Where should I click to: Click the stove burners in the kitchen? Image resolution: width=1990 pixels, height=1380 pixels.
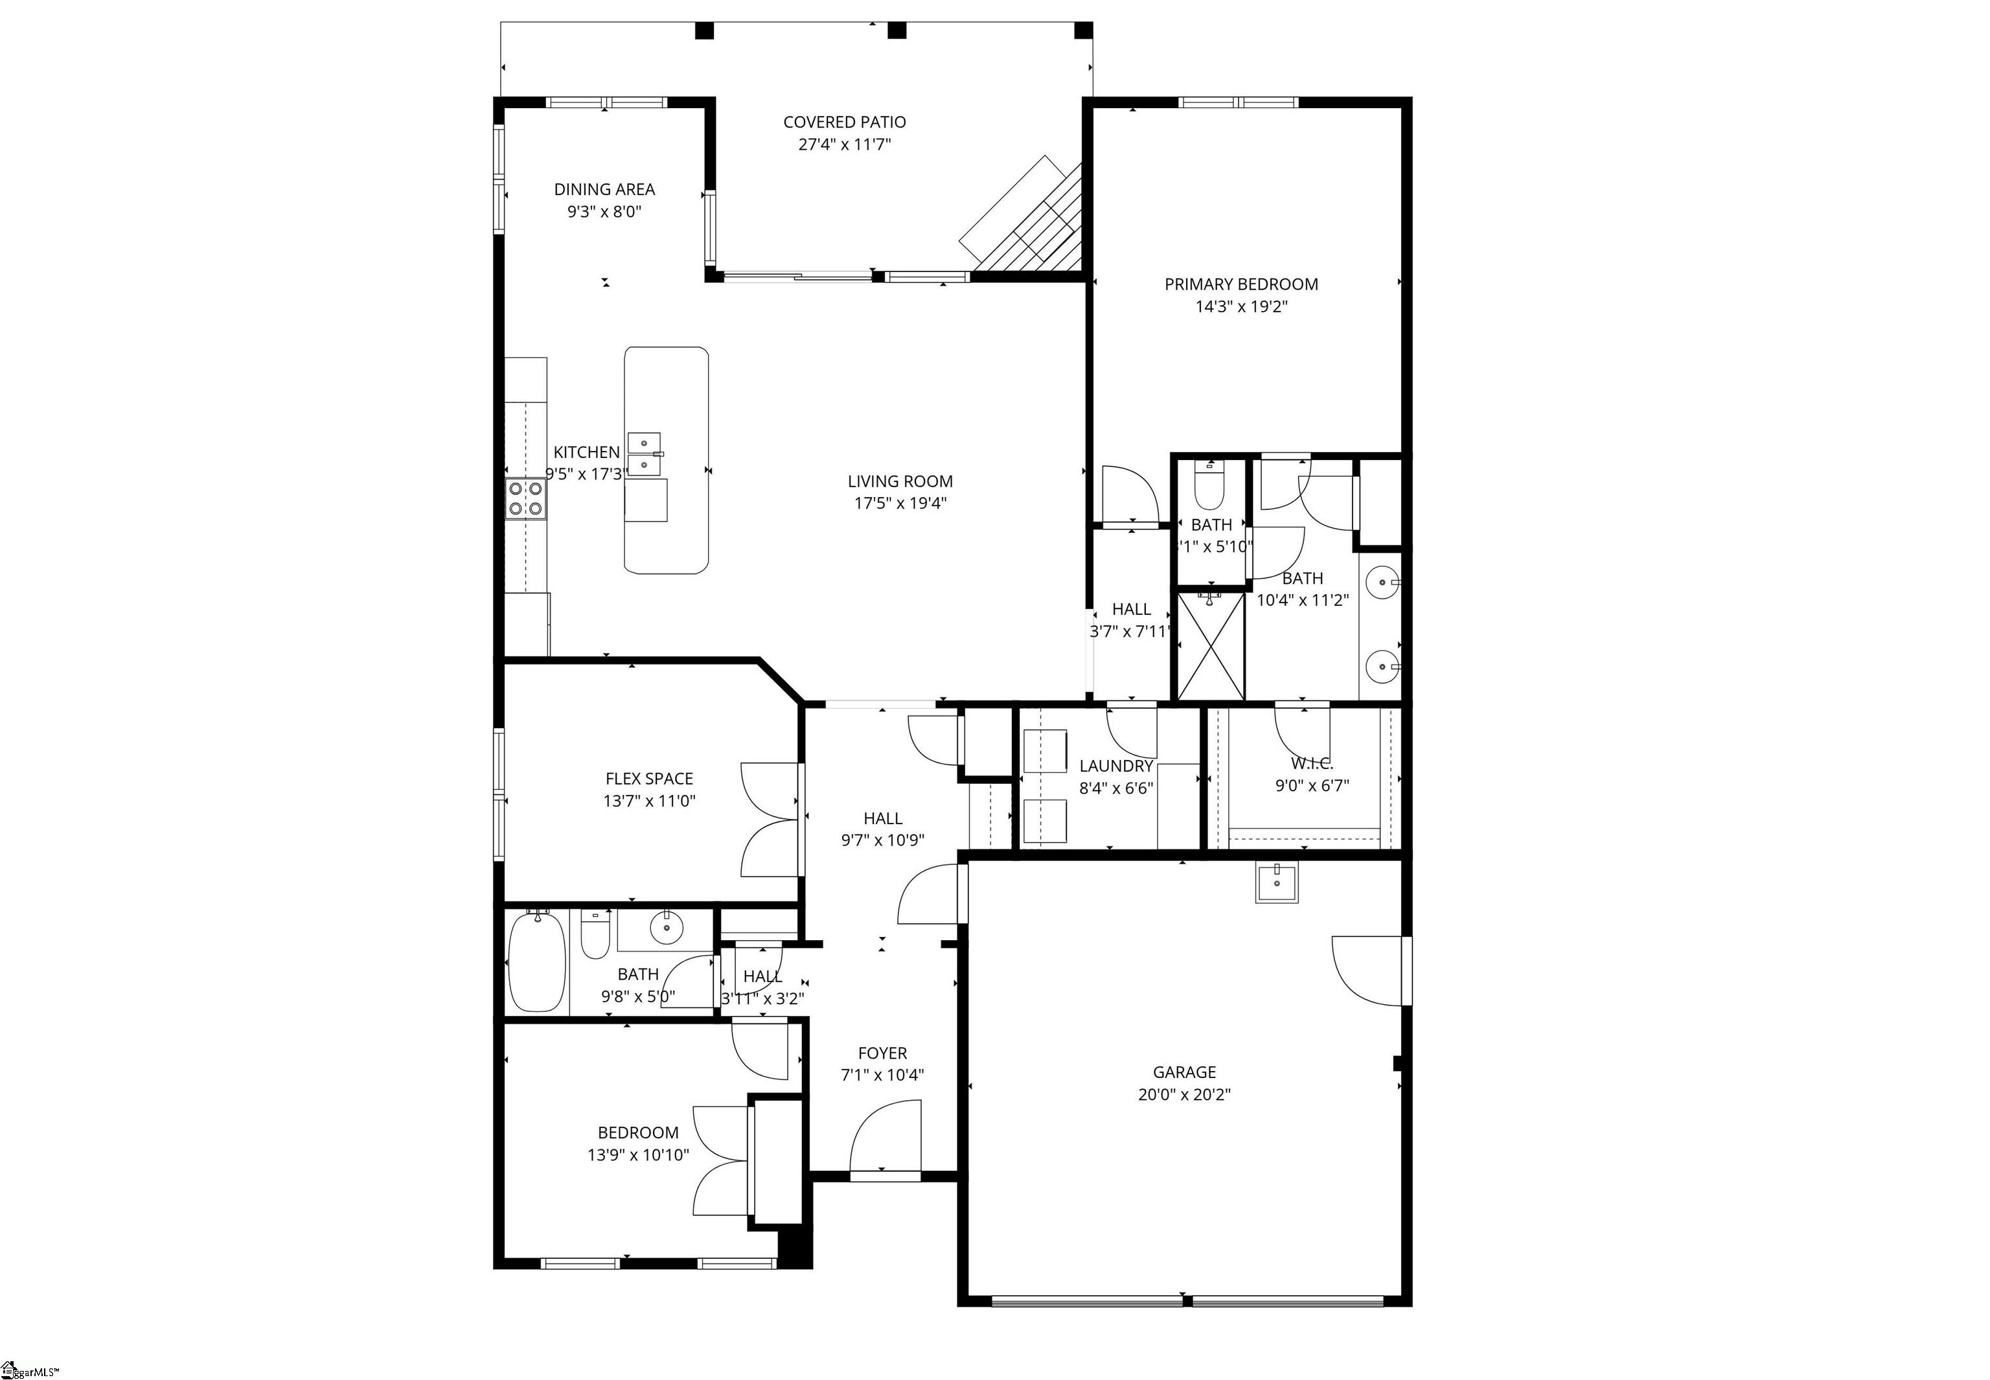point(525,499)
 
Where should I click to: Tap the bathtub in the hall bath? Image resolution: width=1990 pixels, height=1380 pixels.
point(537,962)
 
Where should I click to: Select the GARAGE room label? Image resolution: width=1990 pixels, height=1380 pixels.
point(1184,1072)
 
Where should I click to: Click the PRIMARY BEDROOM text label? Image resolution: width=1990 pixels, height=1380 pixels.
point(1241,284)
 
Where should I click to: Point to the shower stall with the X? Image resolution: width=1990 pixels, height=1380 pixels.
point(1211,646)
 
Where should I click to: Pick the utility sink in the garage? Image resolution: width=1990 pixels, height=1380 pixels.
point(1277,883)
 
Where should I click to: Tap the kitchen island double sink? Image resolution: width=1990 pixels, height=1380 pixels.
point(644,455)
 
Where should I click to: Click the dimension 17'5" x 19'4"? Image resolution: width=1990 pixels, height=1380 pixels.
point(900,503)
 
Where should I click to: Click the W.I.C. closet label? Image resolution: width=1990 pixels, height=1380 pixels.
point(1311,763)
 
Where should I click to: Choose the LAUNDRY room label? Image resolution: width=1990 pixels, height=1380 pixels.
point(1116,766)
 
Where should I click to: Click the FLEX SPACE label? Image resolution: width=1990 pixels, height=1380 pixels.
point(648,779)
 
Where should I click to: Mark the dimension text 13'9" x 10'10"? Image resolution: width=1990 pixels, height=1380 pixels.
point(638,1155)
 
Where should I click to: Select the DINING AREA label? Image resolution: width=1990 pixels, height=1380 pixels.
point(604,189)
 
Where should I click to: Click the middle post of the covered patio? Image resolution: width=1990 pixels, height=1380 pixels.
point(897,31)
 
